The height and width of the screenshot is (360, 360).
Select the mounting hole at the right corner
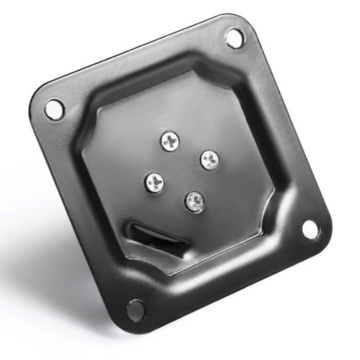310,228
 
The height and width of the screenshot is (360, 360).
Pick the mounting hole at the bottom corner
135,308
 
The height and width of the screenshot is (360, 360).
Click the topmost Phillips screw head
169,140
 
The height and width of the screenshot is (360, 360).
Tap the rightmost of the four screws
209,160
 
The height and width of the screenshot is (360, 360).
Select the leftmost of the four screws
154,184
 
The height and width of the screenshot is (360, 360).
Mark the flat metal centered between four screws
181,172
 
